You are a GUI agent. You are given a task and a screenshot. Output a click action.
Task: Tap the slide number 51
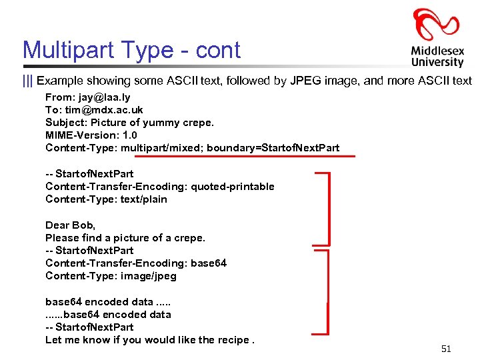447,349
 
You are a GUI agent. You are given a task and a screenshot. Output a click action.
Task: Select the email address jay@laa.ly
102,97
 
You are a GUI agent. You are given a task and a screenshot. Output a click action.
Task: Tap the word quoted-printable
233,187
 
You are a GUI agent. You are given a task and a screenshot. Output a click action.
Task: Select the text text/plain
144,199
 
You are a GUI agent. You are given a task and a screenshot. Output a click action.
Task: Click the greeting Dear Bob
70,225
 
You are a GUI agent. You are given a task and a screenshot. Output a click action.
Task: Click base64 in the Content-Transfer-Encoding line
209,263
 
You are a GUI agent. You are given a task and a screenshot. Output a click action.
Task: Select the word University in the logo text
437,62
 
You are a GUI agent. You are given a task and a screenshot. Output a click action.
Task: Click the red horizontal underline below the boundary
244,157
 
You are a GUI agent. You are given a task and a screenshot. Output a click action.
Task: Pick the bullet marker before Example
27,81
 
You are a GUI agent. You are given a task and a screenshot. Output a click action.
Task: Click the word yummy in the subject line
156,123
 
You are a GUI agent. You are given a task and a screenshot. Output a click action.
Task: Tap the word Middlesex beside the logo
437,51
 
